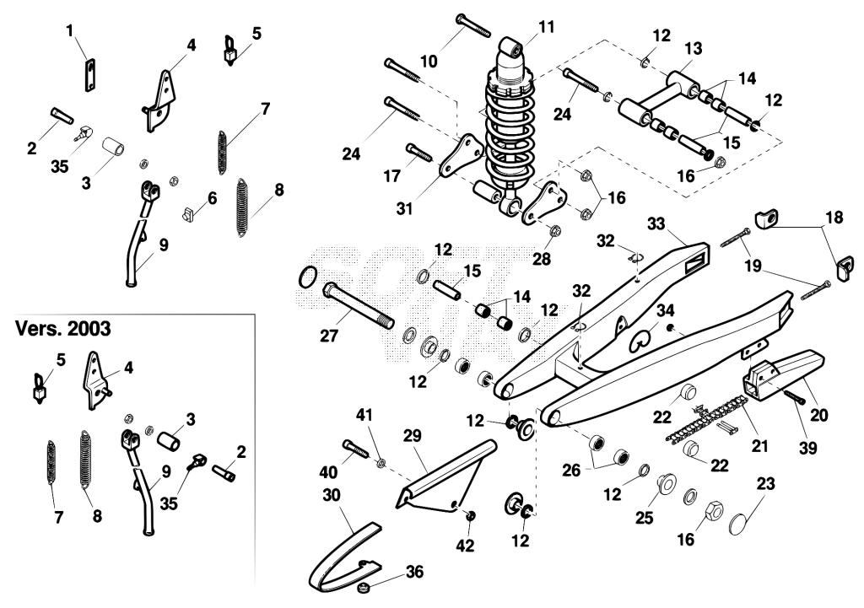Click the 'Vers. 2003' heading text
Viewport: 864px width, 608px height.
click(62, 329)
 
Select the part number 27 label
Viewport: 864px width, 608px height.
click(329, 335)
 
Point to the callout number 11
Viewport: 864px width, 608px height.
click(546, 27)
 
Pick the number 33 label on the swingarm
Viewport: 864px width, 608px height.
click(656, 223)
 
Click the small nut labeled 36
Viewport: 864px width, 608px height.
click(364, 588)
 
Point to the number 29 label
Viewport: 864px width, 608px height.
click(412, 436)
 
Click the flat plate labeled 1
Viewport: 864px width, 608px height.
click(87, 74)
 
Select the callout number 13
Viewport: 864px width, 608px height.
click(694, 48)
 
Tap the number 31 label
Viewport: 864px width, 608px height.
click(404, 209)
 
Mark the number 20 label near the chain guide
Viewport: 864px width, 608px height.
click(819, 415)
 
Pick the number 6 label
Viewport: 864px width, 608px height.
click(212, 197)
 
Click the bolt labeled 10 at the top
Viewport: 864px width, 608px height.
click(473, 25)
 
